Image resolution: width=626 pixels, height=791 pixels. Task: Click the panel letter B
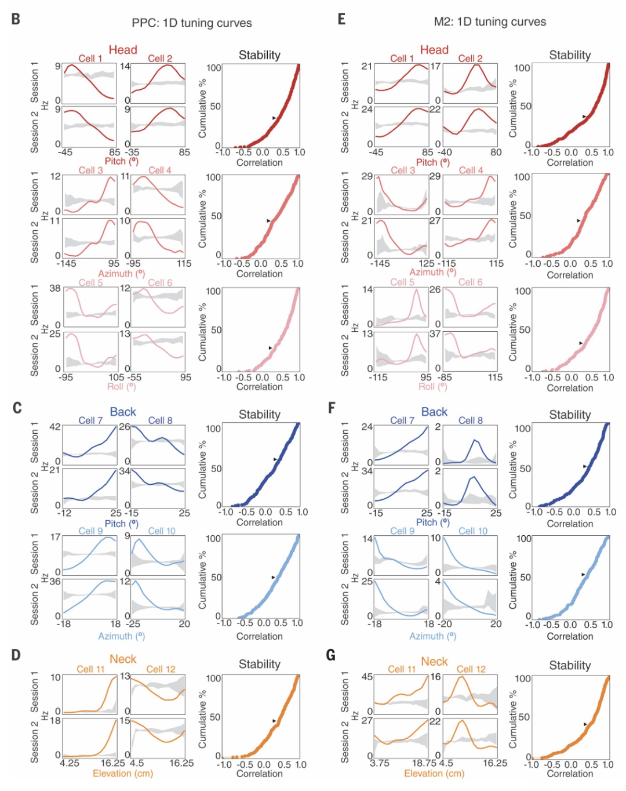16,19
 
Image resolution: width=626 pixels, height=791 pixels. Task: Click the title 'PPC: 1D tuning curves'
192,23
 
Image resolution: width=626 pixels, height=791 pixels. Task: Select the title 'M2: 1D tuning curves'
490,22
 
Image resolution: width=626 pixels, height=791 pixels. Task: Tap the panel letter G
331,655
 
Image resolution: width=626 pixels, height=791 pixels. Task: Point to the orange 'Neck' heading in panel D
123,659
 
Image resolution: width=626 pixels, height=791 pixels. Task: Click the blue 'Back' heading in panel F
434,412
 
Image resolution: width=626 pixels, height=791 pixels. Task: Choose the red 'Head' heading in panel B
123,50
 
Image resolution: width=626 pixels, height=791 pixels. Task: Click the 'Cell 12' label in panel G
471,669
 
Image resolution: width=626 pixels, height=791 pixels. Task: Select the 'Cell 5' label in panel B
91,283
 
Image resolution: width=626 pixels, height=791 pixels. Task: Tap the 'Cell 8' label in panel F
470,420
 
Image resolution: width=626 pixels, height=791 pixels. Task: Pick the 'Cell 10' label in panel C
162,531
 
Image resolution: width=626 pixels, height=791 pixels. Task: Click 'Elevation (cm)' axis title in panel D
123,774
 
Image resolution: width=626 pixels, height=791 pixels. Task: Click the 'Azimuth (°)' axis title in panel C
121,636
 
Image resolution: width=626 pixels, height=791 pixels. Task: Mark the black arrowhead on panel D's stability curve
274,721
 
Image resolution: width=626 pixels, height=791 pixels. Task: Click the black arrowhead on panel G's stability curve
585,724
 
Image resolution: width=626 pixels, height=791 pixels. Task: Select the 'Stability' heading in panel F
570,415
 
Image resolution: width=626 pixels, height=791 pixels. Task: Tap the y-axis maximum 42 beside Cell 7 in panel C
55,427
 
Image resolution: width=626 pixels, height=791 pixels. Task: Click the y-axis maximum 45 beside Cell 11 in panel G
367,677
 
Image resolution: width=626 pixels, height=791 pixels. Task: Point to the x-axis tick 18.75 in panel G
424,763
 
